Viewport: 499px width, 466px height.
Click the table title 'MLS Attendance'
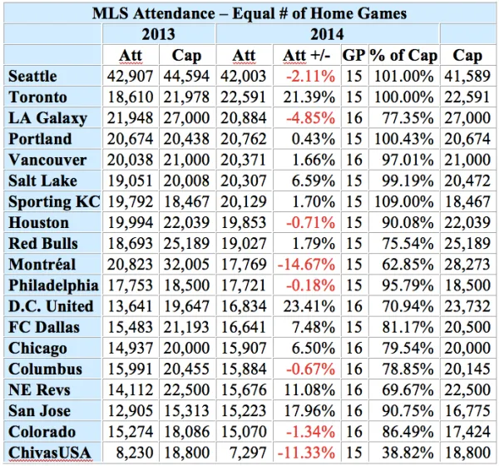tap(249, 13)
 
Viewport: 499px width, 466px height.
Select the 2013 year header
tap(158, 34)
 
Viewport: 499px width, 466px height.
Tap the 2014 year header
tap(326, 34)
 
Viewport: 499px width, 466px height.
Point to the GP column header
tap(354, 55)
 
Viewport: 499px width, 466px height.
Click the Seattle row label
tap(33, 76)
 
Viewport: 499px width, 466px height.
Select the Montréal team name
tap(42, 265)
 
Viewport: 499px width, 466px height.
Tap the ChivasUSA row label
tap(46, 454)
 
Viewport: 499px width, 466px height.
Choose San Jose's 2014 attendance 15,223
tap(244, 411)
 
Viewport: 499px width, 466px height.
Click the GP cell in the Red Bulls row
tap(354, 244)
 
